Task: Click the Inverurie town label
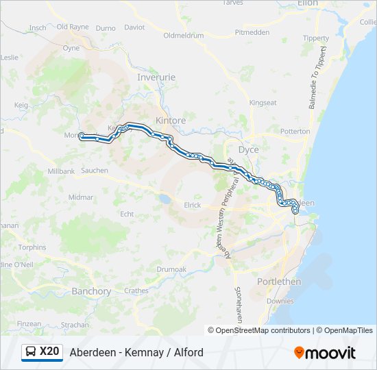[156, 77]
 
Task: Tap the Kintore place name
[171, 121]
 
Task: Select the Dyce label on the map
[248, 149]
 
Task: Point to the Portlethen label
[279, 282]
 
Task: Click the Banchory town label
[91, 291]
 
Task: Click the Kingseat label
[263, 103]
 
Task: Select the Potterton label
[295, 131]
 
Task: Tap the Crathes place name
[136, 291]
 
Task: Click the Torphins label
[32, 247]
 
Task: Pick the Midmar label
[81, 197]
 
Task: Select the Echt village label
[127, 214]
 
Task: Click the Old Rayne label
[73, 27]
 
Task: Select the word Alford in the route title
[186, 353]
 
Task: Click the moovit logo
[325, 353]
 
